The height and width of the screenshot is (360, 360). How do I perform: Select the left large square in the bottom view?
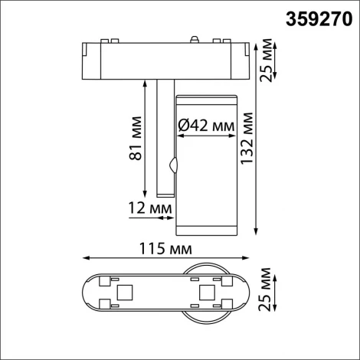[x=123, y=292]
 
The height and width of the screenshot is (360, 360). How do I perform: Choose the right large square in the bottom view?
[x=205, y=292]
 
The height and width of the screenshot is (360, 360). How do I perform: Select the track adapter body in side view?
[x=166, y=61]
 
